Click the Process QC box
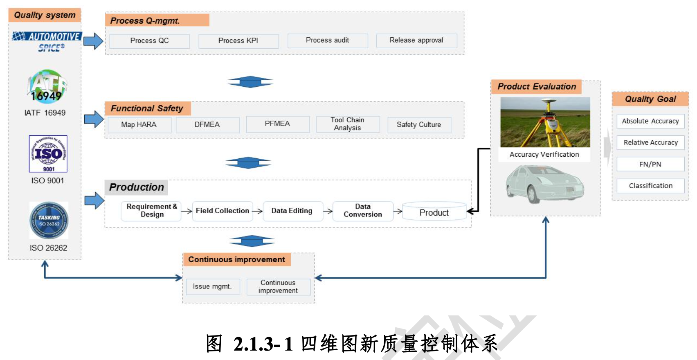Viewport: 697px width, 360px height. [149, 41]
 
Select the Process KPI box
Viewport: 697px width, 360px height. [238, 41]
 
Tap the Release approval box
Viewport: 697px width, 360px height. [416, 40]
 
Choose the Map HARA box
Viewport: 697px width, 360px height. [139, 125]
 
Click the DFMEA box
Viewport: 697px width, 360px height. [207, 125]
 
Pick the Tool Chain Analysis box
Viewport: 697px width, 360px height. [348, 124]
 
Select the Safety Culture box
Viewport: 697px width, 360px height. [419, 125]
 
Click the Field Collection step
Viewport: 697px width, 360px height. [222, 211]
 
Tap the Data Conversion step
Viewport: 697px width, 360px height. [363, 211]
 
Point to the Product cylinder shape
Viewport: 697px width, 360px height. [434, 212]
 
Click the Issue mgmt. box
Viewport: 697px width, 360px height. [212, 286]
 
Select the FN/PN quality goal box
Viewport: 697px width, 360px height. [650, 164]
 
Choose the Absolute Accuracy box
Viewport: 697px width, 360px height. [650, 121]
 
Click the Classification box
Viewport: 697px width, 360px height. [650, 186]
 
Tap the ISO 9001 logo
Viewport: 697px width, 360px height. [48, 154]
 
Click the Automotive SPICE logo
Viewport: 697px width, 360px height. [47, 42]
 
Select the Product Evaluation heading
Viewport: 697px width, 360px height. [536, 87]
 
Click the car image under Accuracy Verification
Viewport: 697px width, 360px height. [544, 184]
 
